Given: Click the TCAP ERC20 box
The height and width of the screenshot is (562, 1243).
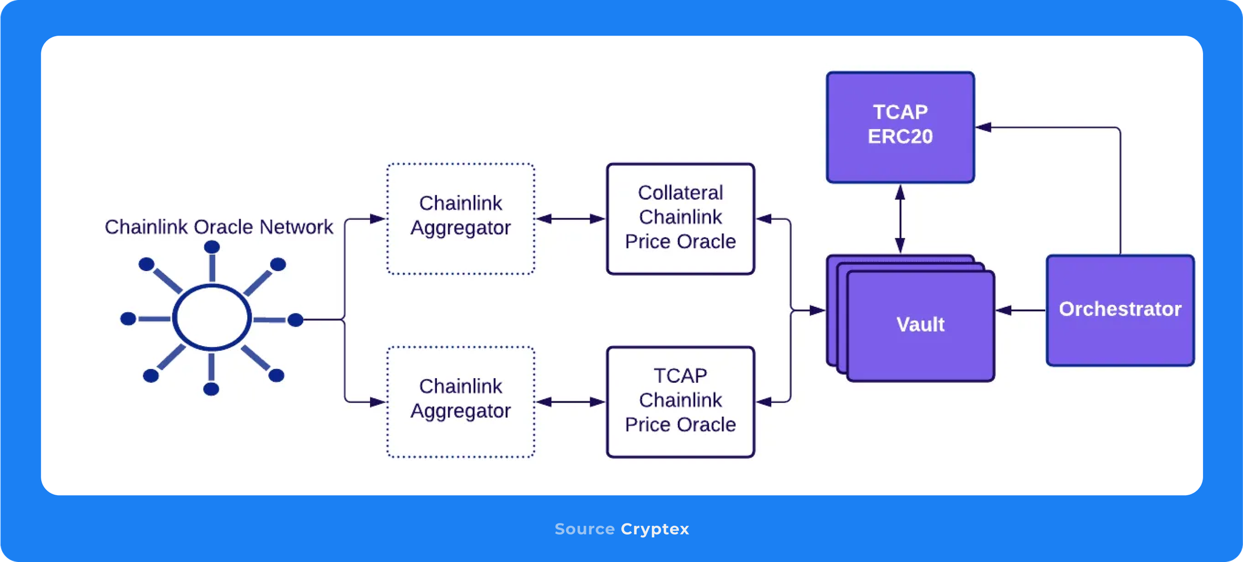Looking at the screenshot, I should (x=900, y=127).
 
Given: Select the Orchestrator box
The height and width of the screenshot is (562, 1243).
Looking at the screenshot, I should (x=1119, y=310).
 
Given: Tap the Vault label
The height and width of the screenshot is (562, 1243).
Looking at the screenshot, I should (x=920, y=325).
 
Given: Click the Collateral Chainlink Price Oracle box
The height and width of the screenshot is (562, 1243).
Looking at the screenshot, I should (x=680, y=218).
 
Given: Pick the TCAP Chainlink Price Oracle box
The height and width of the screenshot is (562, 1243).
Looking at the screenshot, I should (x=680, y=401).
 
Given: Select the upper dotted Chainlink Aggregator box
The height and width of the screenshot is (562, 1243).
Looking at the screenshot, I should (x=461, y=218).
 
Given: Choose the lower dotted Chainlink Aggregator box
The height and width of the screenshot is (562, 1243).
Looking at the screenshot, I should (x=461, y=401).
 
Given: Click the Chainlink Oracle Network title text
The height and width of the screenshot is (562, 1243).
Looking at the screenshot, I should (x=219, y=227).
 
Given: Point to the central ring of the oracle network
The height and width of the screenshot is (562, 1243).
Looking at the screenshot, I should (x=212, y=317).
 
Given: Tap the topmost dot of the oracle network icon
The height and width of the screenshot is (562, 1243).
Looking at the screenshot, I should (x=212, y=247).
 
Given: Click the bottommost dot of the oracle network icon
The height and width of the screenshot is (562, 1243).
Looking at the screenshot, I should (x=211, y=389).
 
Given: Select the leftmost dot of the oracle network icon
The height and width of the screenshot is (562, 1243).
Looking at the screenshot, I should (x=128, y=318).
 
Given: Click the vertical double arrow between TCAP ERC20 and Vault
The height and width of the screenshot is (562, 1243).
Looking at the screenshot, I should (x=900, y=219).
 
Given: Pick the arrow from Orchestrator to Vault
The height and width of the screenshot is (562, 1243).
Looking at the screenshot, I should (x=1020, y=310).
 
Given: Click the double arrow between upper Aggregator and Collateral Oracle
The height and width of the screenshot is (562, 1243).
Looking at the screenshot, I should (x=570, y=219).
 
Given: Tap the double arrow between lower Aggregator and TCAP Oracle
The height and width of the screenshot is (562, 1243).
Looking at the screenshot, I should (x=570, y=401).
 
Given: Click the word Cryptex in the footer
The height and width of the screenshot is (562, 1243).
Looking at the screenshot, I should (x=655, y=529).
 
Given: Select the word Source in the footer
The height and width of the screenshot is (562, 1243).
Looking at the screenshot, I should (x=584, y=529).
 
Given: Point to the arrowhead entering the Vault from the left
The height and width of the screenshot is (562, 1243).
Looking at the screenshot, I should (x=818, y=310).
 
